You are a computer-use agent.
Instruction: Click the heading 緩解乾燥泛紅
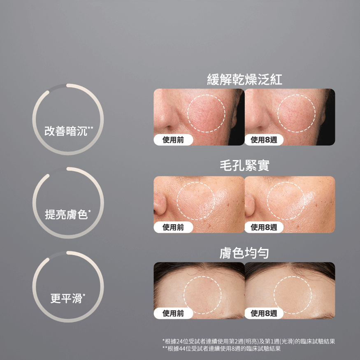click(x=244, y=80)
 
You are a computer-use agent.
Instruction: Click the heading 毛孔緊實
click(x=244, y=165)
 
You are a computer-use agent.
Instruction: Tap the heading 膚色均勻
click(x=244, y=253)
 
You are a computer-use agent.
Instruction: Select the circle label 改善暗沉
click(x=69, y=131)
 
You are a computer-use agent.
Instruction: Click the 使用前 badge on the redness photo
click(x=173, y=139)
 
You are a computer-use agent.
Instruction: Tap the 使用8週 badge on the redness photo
click(x=264, y=139)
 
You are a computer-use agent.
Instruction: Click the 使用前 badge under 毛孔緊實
click(x=173, y=227)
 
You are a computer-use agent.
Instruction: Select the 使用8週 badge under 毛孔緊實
click(x=264, y=227)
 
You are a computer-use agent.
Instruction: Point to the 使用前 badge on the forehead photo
click(x=173, y=313)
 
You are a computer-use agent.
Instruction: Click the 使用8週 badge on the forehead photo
click(x=264, y=313)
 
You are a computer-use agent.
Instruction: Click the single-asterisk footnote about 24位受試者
click(x=249, y=341)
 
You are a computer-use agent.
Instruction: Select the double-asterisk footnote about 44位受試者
click(x=221, y=349)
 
